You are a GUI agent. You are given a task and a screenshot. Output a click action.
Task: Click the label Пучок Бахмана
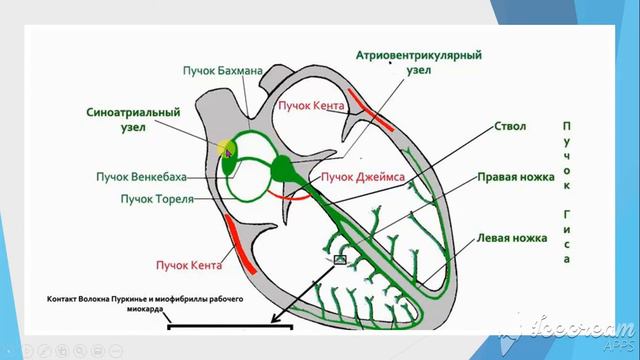(x=222, y=71)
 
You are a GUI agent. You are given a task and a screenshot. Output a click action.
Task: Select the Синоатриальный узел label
(x=133, y=119)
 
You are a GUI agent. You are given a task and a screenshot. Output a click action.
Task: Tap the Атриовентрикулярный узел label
(x=419, y=62)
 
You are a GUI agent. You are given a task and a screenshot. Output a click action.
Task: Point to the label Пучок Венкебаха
(x=141, y=177)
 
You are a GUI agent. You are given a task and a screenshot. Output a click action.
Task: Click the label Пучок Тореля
(x=157, y=199)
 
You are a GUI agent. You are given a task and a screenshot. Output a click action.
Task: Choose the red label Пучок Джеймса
(x=363, y=177)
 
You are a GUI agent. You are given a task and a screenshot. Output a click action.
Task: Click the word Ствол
(x=510, y=126)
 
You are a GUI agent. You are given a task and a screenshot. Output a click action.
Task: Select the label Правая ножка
(x=516, y=177)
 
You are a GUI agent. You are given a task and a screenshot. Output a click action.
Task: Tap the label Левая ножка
(x=512, y=238)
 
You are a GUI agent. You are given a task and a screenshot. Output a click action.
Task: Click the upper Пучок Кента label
(x=311, y=106)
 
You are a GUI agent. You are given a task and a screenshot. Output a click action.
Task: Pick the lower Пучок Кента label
(x=189, y=265)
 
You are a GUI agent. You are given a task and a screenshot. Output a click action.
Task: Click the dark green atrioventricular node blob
(x=282, y=168)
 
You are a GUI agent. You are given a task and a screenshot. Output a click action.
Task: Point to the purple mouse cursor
(x=228, y=153)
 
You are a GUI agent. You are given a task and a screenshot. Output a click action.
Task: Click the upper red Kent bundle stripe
(x=371, y=110)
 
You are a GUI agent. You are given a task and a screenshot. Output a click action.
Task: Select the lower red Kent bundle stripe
(x=240, y=244)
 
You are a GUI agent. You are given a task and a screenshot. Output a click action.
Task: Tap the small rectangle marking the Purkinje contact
(x=340, y=260)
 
